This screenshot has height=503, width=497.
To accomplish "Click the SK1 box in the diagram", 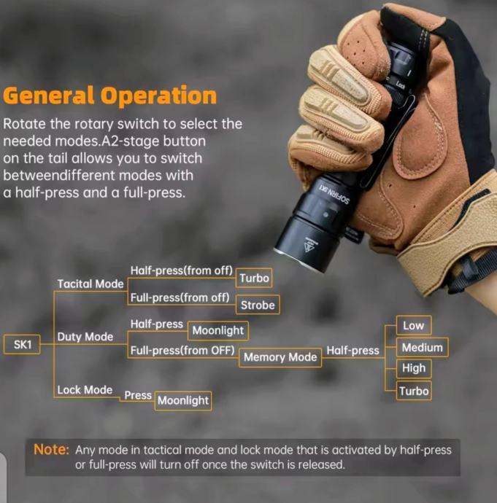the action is click(22, 345).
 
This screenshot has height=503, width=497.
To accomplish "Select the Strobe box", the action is click(258, 305).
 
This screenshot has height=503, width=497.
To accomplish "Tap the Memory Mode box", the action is click(280, 357).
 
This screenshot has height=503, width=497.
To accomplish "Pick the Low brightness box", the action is click(414, 326).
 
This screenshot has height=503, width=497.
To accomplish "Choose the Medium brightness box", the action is click(422, 347).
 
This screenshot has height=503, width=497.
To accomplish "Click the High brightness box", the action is click(414, 368).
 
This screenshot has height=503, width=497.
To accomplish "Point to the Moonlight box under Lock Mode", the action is click(183, 401).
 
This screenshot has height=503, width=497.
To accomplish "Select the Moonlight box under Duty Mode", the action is click(218, 330).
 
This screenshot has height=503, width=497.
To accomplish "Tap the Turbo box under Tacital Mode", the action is click(254, 278).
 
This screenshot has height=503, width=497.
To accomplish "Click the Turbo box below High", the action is click(414, 391).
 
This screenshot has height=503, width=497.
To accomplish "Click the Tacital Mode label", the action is click(90, 284).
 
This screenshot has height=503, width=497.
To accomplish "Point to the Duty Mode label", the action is click(85, 337).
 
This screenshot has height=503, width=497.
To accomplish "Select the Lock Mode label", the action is click(85, 390).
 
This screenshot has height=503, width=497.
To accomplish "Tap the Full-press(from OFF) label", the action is click(182, 351).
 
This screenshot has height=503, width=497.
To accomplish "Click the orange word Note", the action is click(51, 450).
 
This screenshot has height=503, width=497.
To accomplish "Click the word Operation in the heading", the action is click(158, 95).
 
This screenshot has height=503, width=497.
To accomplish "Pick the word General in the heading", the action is click(49, 95).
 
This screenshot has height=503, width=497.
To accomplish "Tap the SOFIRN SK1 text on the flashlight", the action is click(334, 194).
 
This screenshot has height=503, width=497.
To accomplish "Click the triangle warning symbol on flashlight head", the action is click(309, 246).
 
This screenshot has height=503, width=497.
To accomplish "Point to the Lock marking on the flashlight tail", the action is click(401, 85).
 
